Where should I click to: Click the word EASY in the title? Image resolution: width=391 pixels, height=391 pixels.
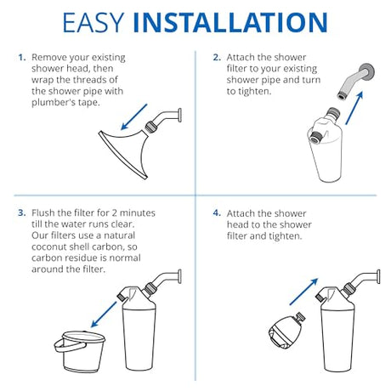point(93,22)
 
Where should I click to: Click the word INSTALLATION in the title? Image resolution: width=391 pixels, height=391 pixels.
point(230,22)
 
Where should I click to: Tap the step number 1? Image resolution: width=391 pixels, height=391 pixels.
point(22,58)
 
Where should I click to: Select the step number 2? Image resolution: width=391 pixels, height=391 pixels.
point(217,58)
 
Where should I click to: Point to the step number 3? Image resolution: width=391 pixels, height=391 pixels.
point(22,212)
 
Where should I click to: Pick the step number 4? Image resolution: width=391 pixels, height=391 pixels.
point(217,213)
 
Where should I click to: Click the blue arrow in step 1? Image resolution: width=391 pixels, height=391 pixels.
point(134,116)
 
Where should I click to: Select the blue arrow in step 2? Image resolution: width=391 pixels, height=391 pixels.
point(354,108)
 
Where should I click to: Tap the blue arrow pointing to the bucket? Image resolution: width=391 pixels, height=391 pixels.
point(104,314)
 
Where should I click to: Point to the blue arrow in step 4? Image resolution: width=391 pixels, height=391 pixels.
point(303,292)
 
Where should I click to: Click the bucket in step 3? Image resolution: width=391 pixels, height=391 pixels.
point(80,351)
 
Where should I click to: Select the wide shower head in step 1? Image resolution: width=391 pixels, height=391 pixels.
point(125,150)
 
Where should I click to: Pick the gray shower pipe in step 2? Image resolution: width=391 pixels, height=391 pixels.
point(356,82)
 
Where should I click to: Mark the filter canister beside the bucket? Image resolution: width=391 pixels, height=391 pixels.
point(139,329)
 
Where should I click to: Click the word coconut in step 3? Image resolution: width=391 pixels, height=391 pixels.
point(49,246)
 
